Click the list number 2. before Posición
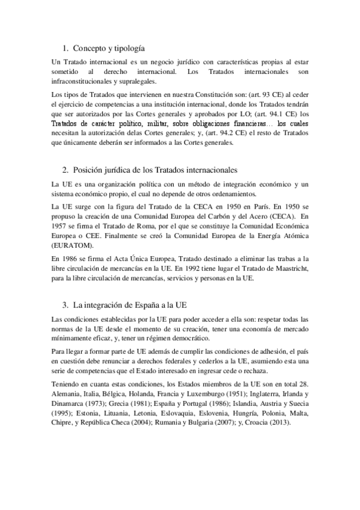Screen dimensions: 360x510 66,170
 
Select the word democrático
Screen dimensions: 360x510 175,339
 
